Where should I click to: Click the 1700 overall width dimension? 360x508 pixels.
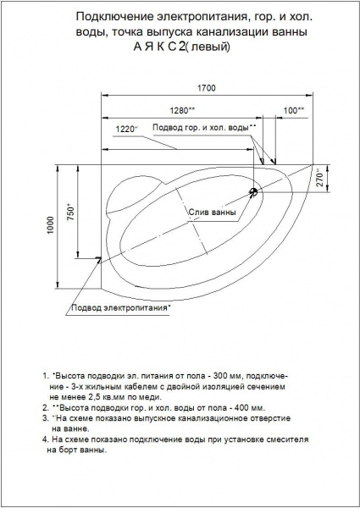[x=207, y=88]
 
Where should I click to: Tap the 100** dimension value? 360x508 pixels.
[x=294, y=111]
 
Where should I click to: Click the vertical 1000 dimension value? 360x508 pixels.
[x=51, y=225]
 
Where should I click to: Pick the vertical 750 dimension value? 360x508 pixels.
[x=70, y=212]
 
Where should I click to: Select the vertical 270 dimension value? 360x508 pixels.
[x=320, y=177]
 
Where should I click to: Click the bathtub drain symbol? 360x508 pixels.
[x=253, y=192]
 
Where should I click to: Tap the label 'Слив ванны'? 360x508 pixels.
[x=213, y=213]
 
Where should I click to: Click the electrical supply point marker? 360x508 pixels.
[x=98, y=258]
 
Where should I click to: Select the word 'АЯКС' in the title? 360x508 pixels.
[x=159, y=47]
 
